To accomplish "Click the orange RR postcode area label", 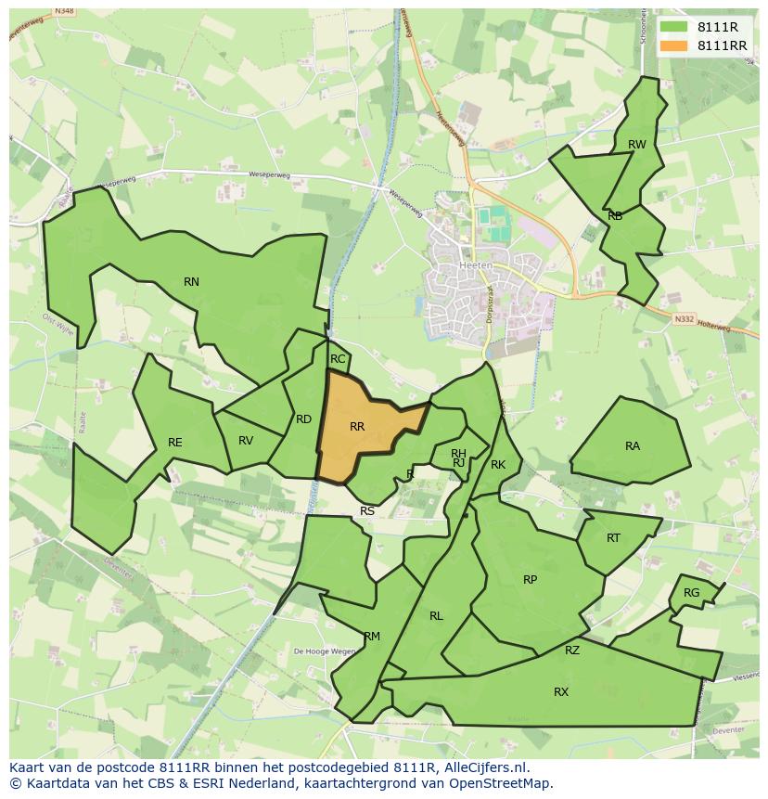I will click(x=357, y=427).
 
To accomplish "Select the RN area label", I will click(x=191, y=282).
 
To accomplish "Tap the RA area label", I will click(x=633, y=446).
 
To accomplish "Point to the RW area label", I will click(x=636, y=145).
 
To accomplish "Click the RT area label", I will click(x=613, y=538).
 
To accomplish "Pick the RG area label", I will click(x=691, y=593).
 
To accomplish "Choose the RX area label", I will click(x=561, y=692).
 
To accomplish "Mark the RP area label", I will click(x=530, y=580).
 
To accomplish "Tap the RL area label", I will click(x=436, y=615).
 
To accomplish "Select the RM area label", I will click(x=372, y=637).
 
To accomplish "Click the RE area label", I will click(x=175, y=443).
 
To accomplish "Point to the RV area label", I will click(x=246, y=441).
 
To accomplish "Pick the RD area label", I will click(x=303, y=419).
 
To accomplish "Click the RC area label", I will click(x=338, y=359).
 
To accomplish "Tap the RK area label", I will click(x=498, y=465).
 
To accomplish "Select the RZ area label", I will click(x=572, y=651).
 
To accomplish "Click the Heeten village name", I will click(x=476, y=264).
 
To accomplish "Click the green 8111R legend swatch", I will click(x=672, y=27).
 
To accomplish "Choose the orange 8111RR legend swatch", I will click(x=672, y=45).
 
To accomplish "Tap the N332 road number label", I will click(x=685, y=318).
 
